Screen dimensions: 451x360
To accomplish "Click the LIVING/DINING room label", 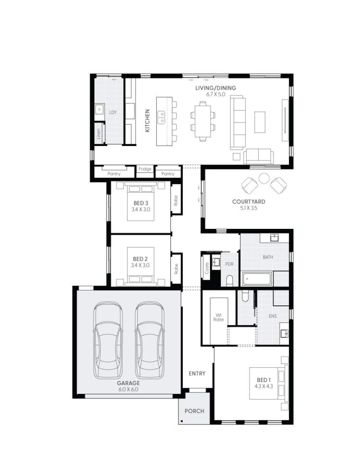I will (x=216, y=88).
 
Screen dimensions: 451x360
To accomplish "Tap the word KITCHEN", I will (x=148, y=121).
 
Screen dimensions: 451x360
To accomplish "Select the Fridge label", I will (x=145, y=169).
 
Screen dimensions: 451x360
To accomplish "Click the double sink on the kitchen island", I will (x=161, y=117).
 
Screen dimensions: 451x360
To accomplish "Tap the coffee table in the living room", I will (x=260, y=122).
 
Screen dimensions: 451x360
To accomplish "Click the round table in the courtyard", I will (x=264, y=178).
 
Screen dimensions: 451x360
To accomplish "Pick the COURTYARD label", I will (x=249, y=202).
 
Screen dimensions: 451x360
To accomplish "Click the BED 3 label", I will (x=140, y=203).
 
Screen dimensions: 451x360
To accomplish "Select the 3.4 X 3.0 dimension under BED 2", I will (x=140, y=265).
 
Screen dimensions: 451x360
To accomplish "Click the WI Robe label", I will (x=219, y=317).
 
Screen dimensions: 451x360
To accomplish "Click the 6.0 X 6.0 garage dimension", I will (x=128, y=390).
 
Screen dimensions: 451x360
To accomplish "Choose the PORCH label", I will (x=195, y=411).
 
